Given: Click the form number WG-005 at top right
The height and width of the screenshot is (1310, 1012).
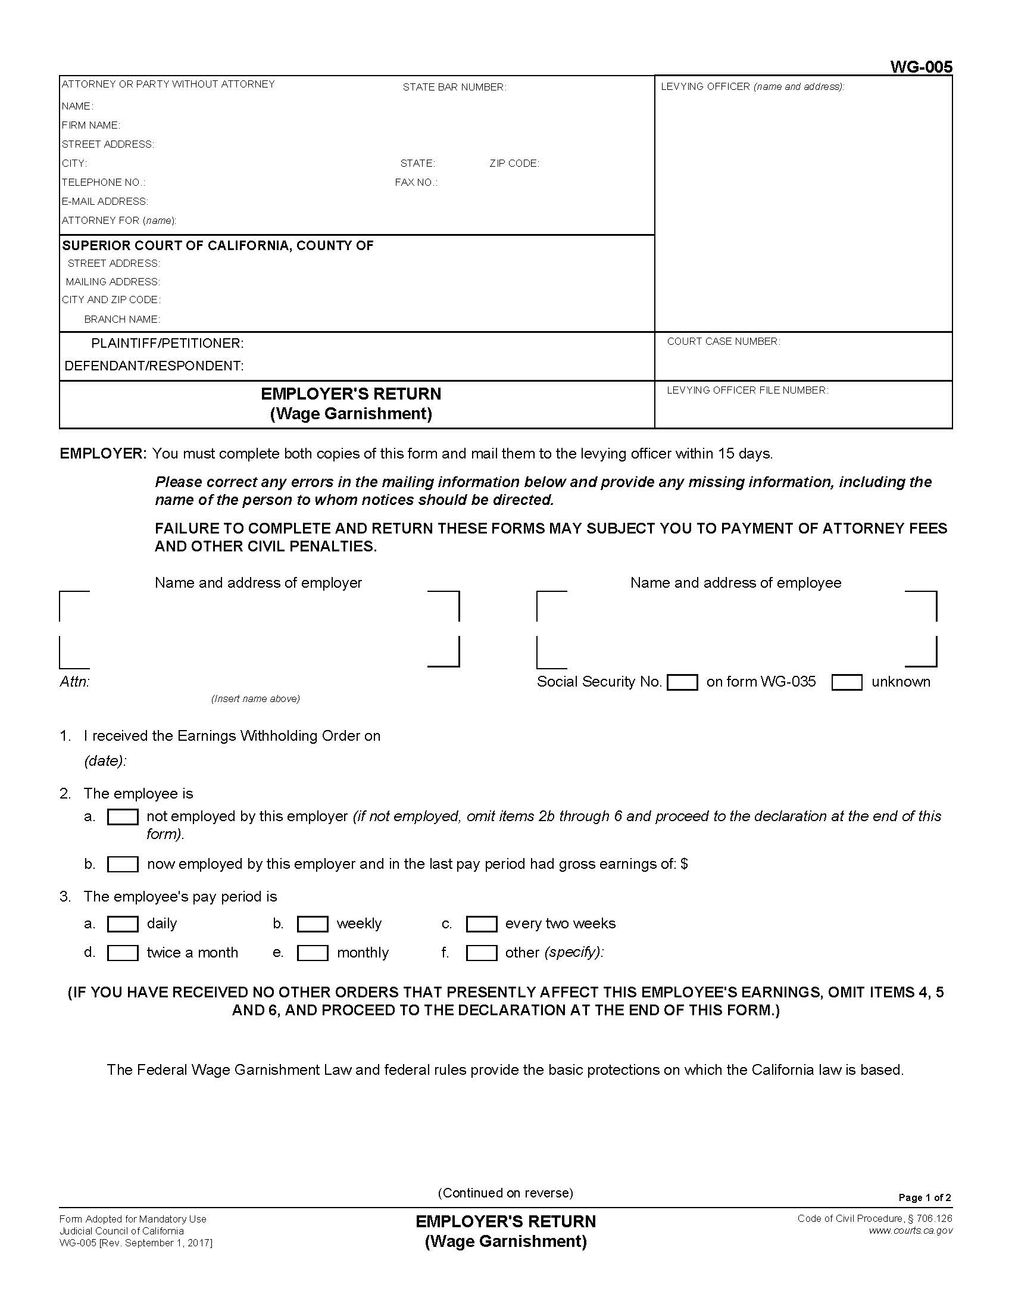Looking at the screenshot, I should [920, 67].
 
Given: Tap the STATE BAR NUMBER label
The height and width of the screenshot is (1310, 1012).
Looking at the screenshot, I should [454, 87].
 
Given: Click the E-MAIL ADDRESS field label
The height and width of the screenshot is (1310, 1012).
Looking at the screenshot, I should [105, 201].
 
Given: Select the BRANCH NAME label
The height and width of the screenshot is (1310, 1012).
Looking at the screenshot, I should [121, 319].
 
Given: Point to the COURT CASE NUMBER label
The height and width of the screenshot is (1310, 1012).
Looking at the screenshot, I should [723, 341].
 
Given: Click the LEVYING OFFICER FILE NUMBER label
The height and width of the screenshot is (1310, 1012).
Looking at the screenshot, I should [747, 390].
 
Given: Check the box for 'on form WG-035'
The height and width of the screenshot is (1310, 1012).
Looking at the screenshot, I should [682, 682].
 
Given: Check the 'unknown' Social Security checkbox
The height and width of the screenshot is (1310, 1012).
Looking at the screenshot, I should [847, 682].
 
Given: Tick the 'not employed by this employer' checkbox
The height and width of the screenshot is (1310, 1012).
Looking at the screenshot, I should [122, 817].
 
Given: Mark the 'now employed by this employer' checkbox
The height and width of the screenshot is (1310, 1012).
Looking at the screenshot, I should [122, 865].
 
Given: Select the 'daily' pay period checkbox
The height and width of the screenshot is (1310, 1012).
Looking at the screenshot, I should [122, 924].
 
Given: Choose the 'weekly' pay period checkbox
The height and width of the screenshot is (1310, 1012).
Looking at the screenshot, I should [313, 924].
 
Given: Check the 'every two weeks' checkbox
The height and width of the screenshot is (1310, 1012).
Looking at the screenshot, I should [481, 924].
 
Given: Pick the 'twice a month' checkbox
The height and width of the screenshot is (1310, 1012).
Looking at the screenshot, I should [122, 953].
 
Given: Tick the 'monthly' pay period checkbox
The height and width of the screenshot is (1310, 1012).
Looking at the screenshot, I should [313, 953].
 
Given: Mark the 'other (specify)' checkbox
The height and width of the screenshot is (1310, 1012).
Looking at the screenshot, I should [481, 953].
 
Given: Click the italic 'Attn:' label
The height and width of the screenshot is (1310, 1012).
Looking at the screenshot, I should [74, 682].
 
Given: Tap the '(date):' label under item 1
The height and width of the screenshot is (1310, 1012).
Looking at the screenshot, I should [105, 761].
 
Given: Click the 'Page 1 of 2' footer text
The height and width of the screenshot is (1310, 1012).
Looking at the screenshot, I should [924, 1198].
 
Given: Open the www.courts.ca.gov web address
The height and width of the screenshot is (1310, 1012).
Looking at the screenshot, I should [910, 1231].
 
